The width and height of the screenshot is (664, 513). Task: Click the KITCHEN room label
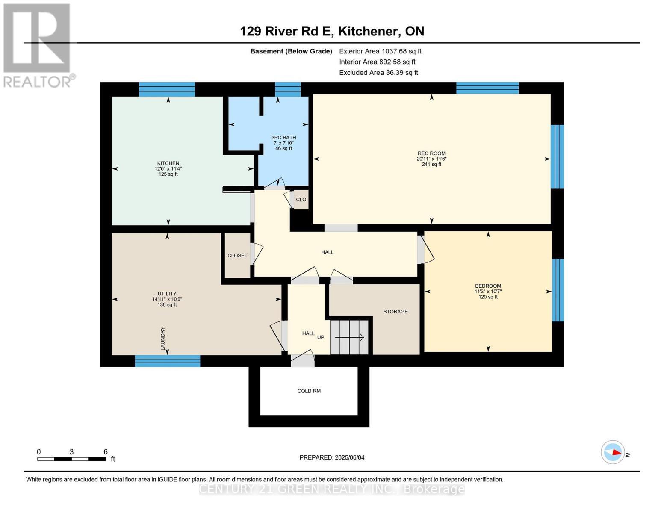pyautogui.click(x=168, y=163)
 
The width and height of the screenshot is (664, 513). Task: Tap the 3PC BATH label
pyautogui.click(x=283, y=138)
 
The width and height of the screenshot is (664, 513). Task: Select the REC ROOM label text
pyautogui.click(x=431, y=153)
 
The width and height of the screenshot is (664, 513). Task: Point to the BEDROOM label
pyautogui.click(x=488, y=286)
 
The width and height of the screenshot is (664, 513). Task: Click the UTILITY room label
pyautogui.click(x=167, y=294)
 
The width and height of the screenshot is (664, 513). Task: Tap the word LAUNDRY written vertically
pyautogui.click(x=163, y=339)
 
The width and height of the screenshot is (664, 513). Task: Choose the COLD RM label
pyautogui.click(x=309, y=391)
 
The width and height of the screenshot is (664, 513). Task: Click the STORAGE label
pyautogui.click(x=395, y=311)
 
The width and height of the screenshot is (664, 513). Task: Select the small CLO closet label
pyautogui.click(x=301, y=200)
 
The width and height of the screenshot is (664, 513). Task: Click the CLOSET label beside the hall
pyautogui.click(x=237, y=255)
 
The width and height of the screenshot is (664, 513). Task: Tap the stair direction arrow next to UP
pyautogui.click(x=349, y=337)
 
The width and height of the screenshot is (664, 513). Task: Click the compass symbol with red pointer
pyautogui.click(x=613, y=452)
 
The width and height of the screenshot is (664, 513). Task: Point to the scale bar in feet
pyautogui.click(x=71, y=459)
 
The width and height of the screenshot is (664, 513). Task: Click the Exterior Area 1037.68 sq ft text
pyautogui.click(x=380, y=51)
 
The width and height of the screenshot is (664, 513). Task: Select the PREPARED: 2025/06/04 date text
pyautogui.click(x=332, y=457)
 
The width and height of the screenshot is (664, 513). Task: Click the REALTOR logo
pyautogui.click(x=38, y=45)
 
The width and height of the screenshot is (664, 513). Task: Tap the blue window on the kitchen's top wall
pyautogui.click(x=167, y=89)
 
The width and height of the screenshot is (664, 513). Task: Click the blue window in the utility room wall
pyautogui.click(x=167, y=361)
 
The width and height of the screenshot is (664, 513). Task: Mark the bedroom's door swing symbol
pyautogui.click(x=426, y=250)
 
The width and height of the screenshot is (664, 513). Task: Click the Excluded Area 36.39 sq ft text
pyautogui.click(x=378, y=73)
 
